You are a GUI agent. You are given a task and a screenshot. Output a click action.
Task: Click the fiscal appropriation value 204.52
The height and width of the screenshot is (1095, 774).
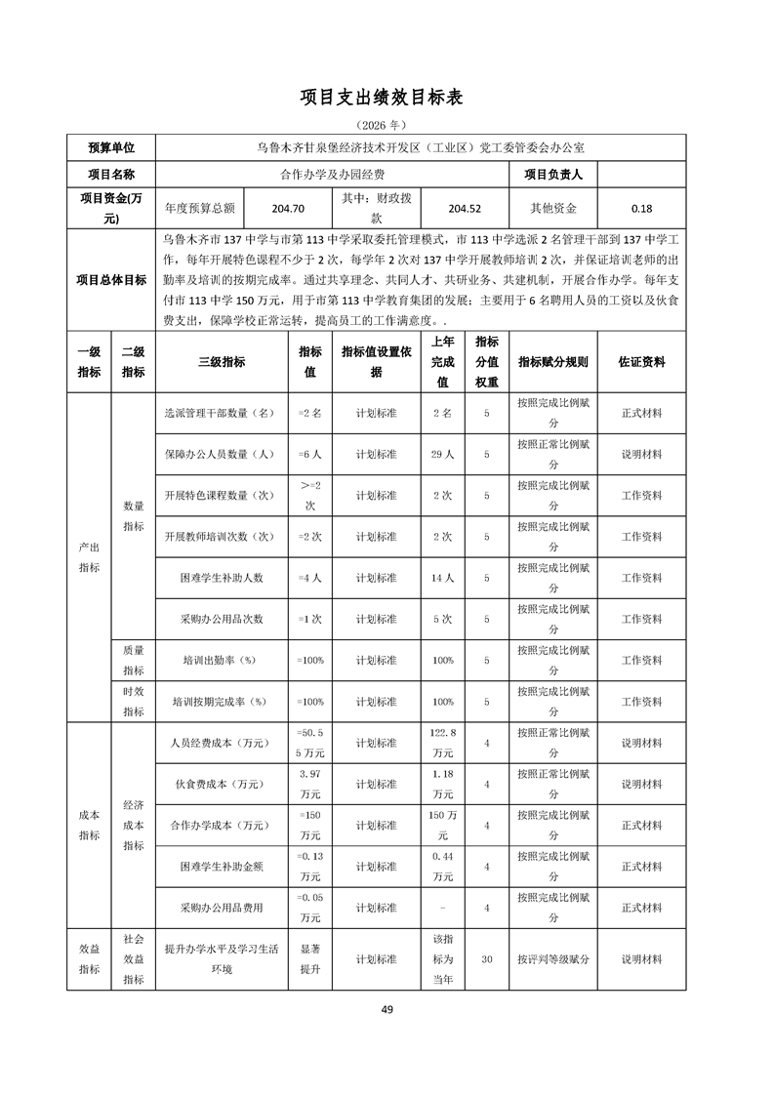[465, 208]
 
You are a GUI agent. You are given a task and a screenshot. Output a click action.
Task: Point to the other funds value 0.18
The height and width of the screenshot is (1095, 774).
[641, 208]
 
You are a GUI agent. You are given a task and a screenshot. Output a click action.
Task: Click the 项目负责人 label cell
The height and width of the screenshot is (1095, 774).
[553, 175]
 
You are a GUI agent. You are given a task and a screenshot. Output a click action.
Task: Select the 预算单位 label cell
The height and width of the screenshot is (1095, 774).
[111, 147]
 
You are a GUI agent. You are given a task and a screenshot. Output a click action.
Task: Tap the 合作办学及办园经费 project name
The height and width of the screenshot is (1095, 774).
[332, 175]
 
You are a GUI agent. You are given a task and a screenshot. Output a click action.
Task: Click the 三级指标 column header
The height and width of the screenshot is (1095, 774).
[222, 361]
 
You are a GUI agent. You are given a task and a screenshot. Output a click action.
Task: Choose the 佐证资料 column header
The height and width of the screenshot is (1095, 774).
[641, 361]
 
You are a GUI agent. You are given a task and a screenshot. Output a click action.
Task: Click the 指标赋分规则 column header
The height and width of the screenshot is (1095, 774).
[553, 361]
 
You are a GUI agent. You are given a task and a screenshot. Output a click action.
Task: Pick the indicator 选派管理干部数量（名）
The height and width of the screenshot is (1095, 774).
[222, 413]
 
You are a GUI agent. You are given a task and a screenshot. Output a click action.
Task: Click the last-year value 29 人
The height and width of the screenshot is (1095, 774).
[442, 454]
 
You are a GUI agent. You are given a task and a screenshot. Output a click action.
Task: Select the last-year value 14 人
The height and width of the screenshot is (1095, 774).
[442, 578]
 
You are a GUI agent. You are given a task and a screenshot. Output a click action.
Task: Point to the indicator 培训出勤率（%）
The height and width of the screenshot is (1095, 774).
[222, 661]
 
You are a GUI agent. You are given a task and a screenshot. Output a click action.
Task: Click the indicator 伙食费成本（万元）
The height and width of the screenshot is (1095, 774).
[222, 784]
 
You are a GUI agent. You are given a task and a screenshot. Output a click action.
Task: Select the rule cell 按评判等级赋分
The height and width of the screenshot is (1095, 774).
[553, 959]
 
